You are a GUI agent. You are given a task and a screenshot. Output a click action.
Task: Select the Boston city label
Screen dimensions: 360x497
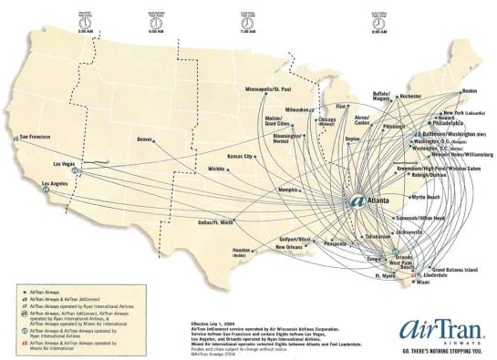coord(470,92)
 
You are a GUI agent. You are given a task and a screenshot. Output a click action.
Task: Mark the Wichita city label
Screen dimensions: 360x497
coord(216,170)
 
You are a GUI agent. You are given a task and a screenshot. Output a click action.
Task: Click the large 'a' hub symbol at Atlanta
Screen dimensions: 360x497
coord(357,201)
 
